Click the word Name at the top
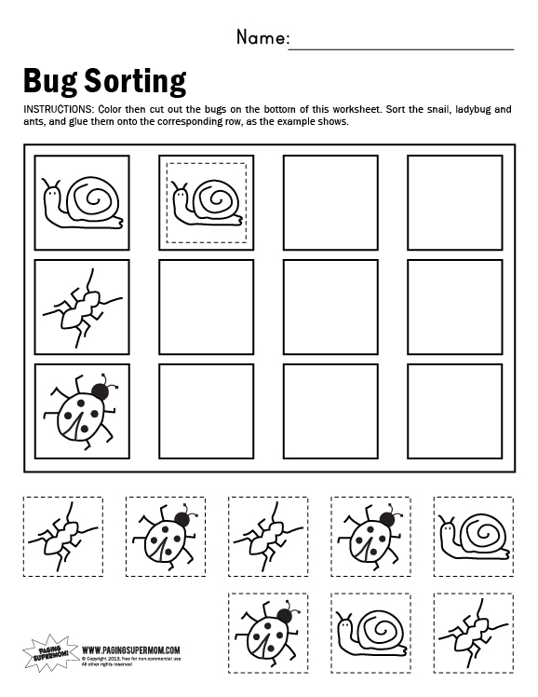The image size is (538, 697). (x=262, y=38)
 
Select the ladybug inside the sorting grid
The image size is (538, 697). (x=82, y=408)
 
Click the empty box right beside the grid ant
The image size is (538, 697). (x=206, y=305)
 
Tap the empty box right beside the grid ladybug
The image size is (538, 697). (x=206, y=408)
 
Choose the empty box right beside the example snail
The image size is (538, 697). (x=330, y=200)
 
